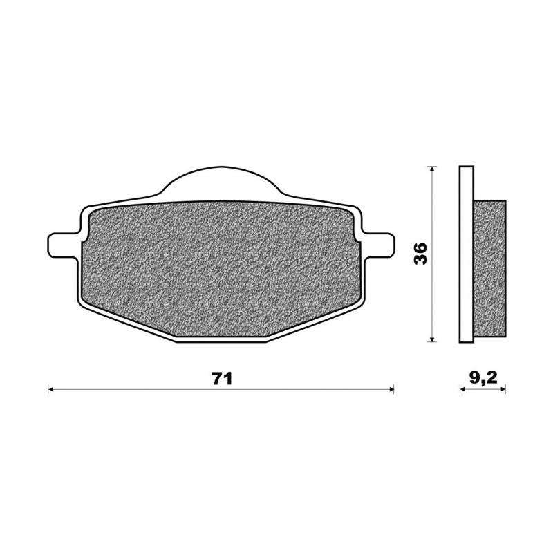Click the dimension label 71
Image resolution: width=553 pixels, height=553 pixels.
coord(222,379)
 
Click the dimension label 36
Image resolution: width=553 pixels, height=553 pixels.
coord(421,253)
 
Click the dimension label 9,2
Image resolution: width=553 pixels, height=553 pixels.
coord(483,378)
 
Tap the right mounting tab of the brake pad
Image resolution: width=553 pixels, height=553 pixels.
coord(378,245)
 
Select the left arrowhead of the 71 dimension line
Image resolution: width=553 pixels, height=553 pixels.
coord(50,389)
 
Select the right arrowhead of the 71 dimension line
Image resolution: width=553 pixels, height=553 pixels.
coord(391,389)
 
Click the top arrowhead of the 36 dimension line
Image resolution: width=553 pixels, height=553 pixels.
coord(432,169)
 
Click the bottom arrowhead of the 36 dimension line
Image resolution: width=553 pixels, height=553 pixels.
coord(432,339)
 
